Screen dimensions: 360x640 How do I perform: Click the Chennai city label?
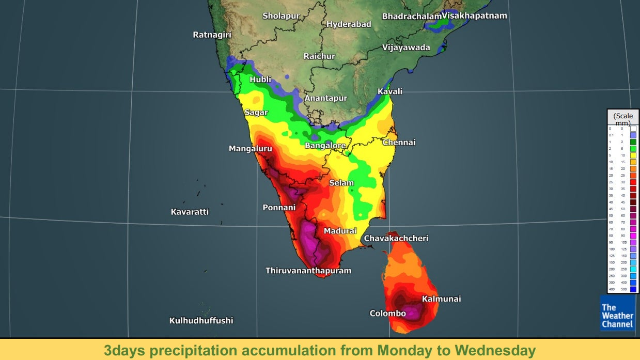coord(399,143)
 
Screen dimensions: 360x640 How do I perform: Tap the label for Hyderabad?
coord(349,24)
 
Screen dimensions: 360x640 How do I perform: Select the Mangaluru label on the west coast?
coord(251,149)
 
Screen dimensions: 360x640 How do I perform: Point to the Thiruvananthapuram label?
coord(308,271)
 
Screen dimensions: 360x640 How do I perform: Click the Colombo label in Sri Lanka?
coord(387,314)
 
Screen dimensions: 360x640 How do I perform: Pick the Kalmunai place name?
coord(441,299)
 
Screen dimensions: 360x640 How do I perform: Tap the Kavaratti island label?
coord(190,212)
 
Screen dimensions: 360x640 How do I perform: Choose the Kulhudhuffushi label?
coord(201,321)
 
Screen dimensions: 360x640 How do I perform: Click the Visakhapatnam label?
coord(474,15)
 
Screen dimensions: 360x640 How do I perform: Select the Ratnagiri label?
coord(212,35)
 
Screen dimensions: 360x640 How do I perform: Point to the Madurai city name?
coord(340,231)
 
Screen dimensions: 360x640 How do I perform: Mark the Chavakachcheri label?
coord(396,238)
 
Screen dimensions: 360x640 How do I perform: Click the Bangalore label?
coord(325,146)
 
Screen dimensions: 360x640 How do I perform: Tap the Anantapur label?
coord(325,98)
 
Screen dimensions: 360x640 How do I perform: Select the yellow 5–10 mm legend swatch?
coord(633,155)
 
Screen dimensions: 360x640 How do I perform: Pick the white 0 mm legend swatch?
coord(633,128)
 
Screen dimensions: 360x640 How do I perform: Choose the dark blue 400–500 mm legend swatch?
coord(633,289)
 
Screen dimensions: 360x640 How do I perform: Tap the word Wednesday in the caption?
coord(494,351)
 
